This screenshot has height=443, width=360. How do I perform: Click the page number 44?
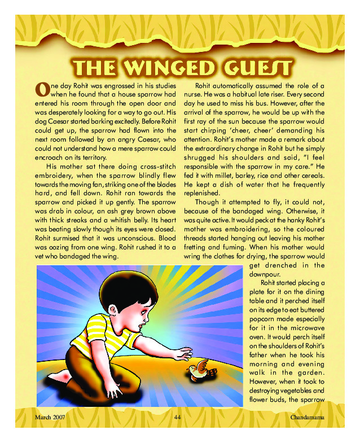point(177,417)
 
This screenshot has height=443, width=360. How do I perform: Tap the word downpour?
point(265,273)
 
